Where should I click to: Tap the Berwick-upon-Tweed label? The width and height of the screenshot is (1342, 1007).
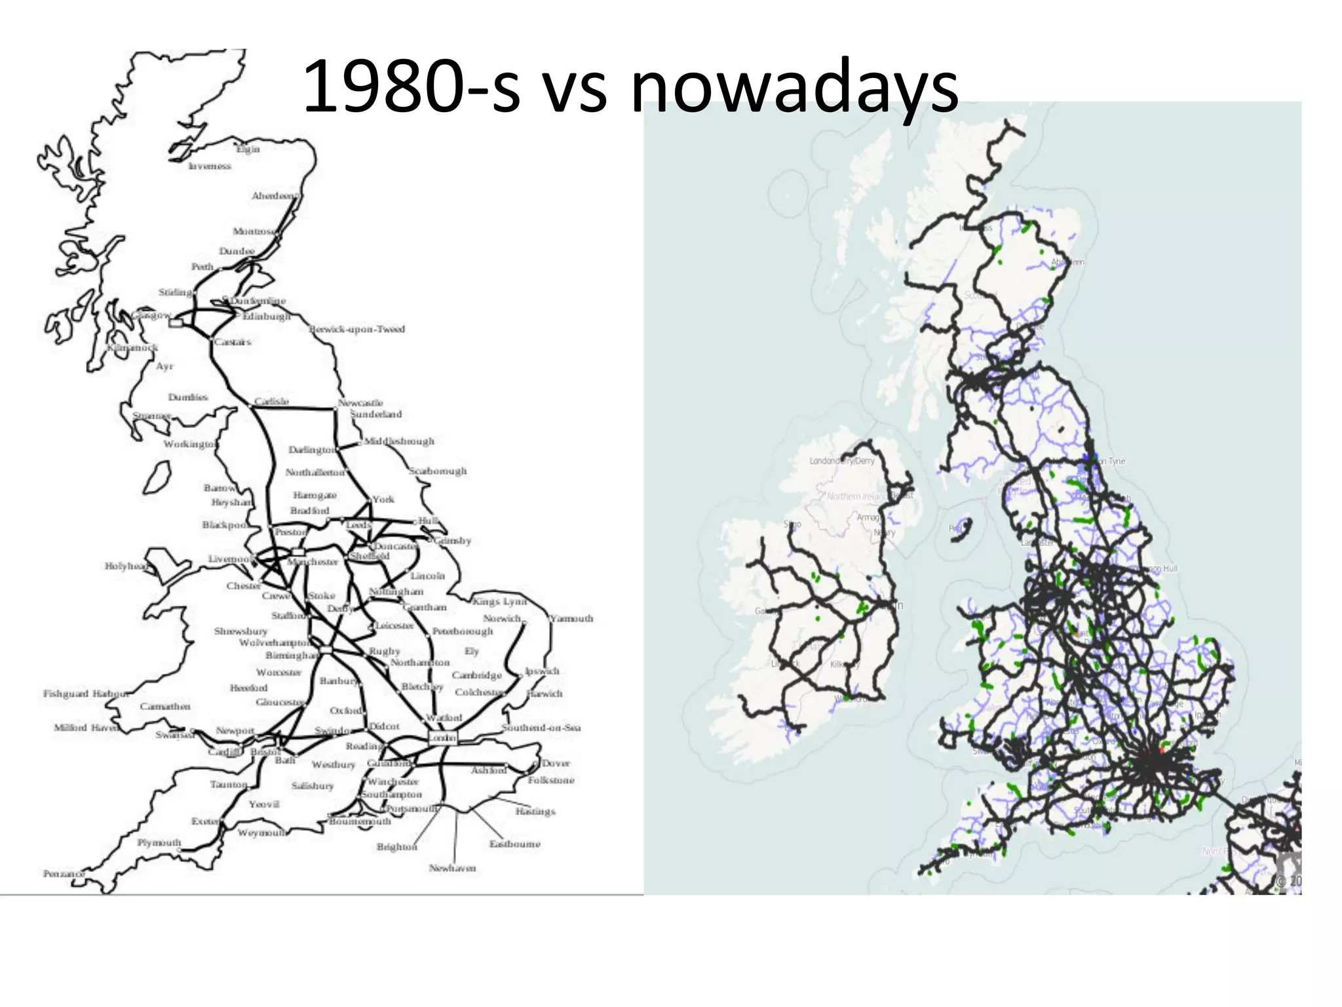pos(358,329)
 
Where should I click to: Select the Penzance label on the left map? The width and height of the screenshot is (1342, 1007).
pos(64,874)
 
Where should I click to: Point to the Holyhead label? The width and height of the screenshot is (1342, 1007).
pos(126,566)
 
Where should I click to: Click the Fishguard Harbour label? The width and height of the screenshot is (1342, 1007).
pos(85,694)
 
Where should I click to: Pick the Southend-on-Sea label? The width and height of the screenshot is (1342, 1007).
pos(541,728)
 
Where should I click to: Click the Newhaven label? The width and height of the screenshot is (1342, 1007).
pos(452,868)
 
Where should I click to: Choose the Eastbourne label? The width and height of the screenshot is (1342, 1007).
pos(515,844)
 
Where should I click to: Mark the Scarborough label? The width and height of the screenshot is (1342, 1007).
pos(438,471)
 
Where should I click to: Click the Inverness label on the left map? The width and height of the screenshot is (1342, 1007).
pos(210,167)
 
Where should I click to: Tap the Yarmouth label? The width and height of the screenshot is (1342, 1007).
pos(571,618)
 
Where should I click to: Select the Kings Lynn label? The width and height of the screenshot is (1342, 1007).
pos(499,601)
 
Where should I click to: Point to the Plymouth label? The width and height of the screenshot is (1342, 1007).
pos(159,842)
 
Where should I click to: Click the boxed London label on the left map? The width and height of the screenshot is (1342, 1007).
pos(442,738)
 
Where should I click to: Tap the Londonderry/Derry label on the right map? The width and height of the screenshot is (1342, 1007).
pos(842,461)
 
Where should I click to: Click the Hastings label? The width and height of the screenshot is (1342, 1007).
pos(535,812)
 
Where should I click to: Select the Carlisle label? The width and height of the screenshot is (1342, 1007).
pos(271,401)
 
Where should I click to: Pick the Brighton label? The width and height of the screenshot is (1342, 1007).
pos(396,847)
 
